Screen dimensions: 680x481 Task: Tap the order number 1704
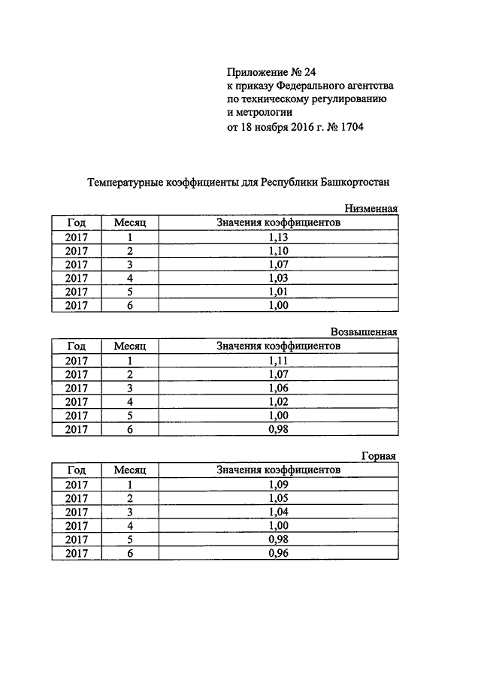349,127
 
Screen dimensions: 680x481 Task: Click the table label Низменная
370,209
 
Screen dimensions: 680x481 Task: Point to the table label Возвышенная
364,332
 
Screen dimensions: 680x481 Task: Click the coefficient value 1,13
278,237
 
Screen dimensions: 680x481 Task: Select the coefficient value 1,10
278,250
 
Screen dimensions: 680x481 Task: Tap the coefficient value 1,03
278,278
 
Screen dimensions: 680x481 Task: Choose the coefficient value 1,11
278,361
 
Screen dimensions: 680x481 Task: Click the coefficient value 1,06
278,388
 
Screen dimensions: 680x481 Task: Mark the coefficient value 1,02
278,402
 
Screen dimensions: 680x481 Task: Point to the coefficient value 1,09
278,485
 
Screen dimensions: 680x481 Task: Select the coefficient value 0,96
278,553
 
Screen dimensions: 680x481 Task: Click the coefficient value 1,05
278,498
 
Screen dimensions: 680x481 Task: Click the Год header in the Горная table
77,470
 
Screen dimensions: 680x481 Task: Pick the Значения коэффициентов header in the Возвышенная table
278,346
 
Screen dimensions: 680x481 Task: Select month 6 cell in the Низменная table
129,306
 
